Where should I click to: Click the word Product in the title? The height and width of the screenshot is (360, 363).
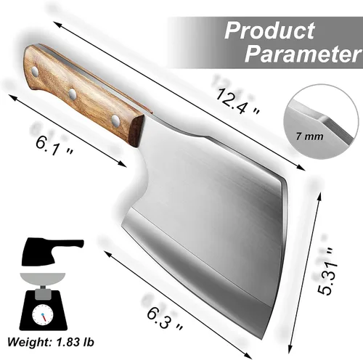(x=269, y=30)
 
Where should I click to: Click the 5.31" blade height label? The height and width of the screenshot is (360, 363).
(x=327, y=271)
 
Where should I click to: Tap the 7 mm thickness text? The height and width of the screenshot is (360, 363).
(x=309, y=136)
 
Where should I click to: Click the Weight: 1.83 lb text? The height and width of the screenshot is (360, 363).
(x=50, y=342)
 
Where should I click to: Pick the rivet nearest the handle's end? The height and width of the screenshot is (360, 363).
(x=36, y=71)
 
